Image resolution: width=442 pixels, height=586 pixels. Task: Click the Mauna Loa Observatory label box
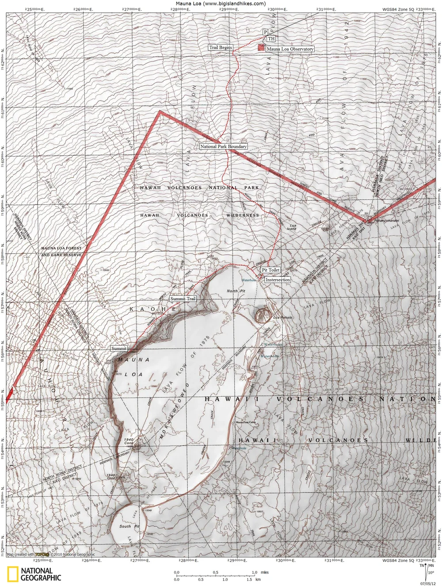(290, 49)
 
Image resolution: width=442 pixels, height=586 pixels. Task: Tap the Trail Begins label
(221, 47)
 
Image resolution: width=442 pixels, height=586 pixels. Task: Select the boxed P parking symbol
(265, 32)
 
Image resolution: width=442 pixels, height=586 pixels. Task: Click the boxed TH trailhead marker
(271, 39)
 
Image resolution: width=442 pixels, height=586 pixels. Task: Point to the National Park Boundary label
(223, 146)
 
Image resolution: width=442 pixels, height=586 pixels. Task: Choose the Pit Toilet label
(271, 270)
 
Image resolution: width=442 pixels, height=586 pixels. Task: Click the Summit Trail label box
(183, 299)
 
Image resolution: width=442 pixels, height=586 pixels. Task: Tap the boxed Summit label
(119, 349)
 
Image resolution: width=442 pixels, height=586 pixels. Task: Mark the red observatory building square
(261, 47)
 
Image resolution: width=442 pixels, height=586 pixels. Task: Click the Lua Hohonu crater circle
(264, 315)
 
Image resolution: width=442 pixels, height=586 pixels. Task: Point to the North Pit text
(236, 291)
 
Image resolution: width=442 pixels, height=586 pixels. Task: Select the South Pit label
(129, 526)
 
